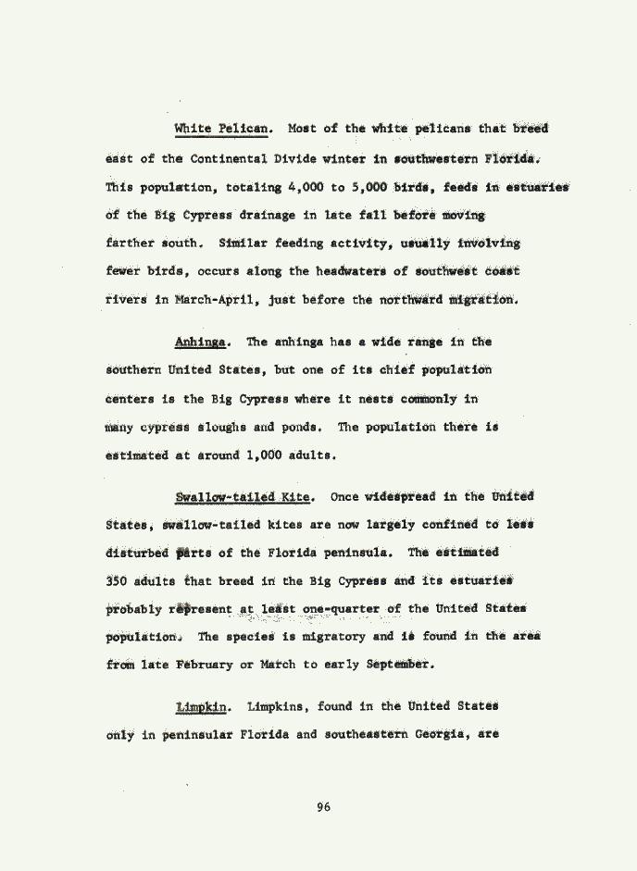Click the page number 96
point(323,807)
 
